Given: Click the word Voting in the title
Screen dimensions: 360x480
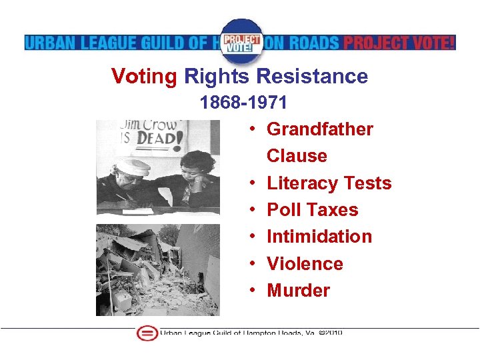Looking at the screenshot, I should [x=144, y=77].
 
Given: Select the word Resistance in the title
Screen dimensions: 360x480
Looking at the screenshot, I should [x=312, y=77].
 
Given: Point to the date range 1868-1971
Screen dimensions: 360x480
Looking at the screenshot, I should [x=244, y=103].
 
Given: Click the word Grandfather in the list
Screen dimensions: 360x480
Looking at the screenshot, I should [x=320, y=129].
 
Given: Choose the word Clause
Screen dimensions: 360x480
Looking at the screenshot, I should [x=297, y=156].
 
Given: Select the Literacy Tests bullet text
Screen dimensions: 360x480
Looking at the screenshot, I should [x=329, y=183].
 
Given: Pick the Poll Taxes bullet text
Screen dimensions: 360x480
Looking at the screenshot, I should [x=312, y=210].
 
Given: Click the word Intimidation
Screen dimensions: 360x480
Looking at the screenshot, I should [x=319, y=237].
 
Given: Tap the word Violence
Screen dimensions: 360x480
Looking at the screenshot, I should [x=305, y=263].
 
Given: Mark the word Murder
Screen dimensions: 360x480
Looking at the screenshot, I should [x=298, y=291].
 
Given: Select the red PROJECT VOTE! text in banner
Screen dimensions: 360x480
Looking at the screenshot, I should [x=399, y=43].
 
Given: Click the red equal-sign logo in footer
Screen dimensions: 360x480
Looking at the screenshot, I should [x=146, y=333].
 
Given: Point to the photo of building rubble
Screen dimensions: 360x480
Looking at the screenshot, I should [x=157, y=269].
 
